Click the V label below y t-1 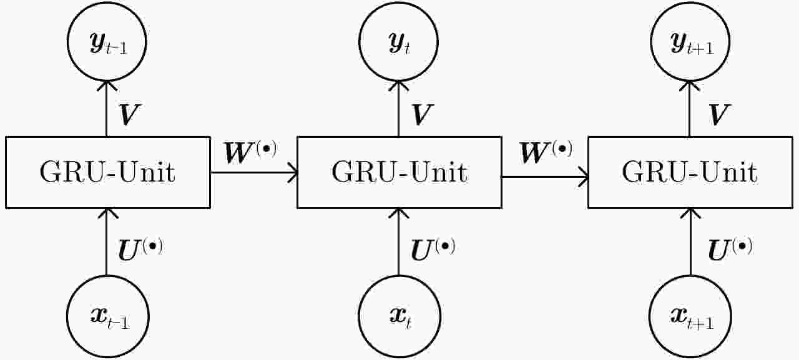coord(129,115)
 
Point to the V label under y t coord(423,115)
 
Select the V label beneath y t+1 coord(718,115)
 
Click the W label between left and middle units coord(250,152)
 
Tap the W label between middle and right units coord(546,152)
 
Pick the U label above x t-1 coord(140,250)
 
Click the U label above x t coord(433,250)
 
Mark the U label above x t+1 coord(730,250)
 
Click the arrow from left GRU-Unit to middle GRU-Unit coord(254,173)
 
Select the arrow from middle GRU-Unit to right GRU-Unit coord(545,177)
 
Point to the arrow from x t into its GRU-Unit coord(398,242)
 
